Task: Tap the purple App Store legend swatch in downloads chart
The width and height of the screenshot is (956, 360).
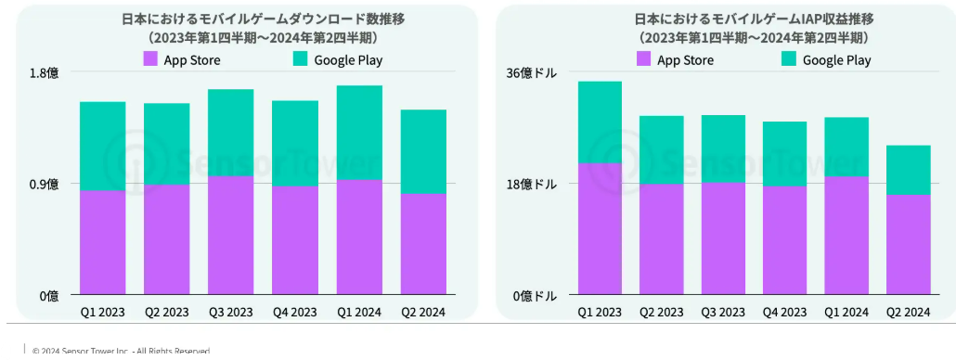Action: pyautogui.click(x=150, y=59)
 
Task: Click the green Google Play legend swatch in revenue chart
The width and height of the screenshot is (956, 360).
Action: pyautogui.click(x=790, y=59)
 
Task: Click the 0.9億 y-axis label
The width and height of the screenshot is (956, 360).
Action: pyautogui.click(x=45, y=184)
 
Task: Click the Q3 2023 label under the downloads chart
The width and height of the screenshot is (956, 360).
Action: pyautogui.click(x=231, y=312)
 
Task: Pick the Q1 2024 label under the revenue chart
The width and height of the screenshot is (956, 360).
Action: pyautogui.click(x=846, y=312)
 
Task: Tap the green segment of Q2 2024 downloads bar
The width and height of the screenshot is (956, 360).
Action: pyautogui.click(x=423, y=151)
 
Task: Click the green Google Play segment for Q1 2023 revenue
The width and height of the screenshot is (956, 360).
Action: pyautogui.click(x=600, y=122)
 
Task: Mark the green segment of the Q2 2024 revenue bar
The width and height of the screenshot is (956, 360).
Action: pyautogui.click(x=908, y=170)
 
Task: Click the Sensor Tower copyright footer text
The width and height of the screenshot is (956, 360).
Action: pyautogui.click(x=121, y=351)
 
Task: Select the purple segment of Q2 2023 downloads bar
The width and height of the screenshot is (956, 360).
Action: pyautogui.click(x=167, y=238)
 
